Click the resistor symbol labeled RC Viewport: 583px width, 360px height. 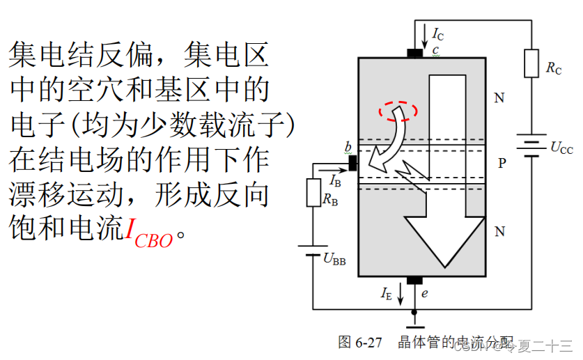(x=531, y=63)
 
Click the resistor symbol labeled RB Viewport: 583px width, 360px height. (x=313, y=192)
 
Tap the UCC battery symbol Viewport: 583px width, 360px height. (x=531, y=147)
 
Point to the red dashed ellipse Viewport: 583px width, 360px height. (x=398, y=110)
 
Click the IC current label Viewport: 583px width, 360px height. (x=437, y=33)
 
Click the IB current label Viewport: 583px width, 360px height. (x=336, y=180)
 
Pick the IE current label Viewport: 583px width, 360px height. (x=387, y=294)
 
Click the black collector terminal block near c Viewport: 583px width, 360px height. (x=415, y=52)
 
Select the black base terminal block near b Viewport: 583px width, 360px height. (x=352, y=163)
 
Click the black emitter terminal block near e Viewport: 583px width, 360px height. (x=414, y=280)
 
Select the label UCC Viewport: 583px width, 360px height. (x=561, y=148)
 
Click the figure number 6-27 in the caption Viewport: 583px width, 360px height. (x=369, y=343)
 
